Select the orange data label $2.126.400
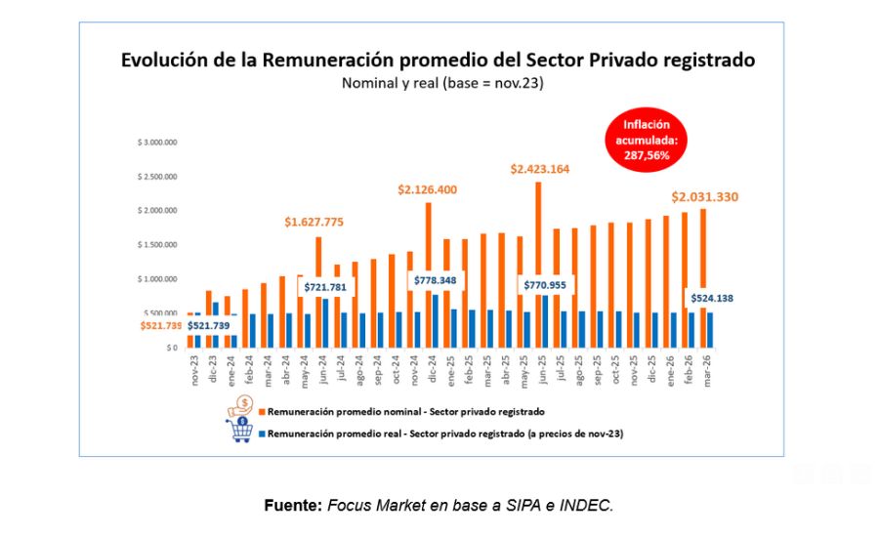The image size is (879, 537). click(427, 189)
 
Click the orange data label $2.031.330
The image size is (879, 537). click(704, 197)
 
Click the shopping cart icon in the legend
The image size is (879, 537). click(241, 431)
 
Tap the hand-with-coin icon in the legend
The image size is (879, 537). click(241, 406)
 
